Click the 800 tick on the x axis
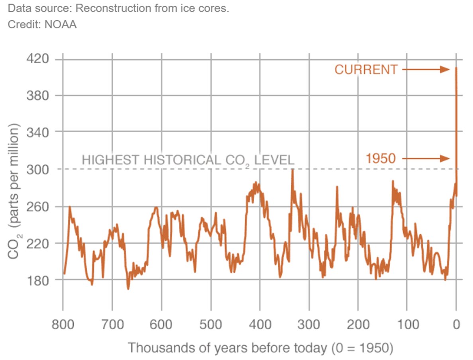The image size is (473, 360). point(63,325)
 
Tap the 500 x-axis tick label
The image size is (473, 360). point(211,325)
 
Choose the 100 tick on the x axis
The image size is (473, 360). point(407,325)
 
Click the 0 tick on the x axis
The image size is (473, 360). point(456,325)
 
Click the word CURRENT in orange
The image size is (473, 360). point(366,70)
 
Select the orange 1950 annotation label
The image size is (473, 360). point(381,159)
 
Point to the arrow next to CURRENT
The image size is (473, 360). point(426,70)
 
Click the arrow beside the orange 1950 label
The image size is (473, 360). point(426,159)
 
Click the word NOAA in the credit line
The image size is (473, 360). point(63,24)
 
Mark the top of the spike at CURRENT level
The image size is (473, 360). point(456,68)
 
